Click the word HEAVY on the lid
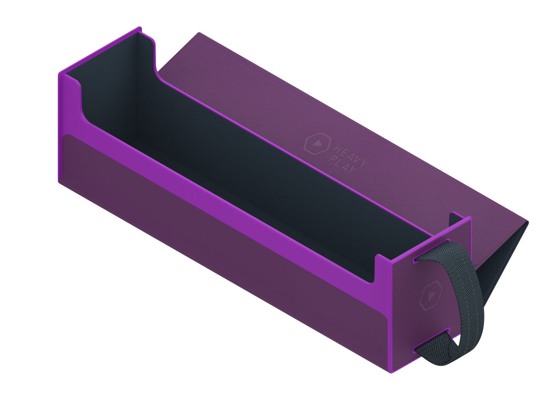click(351, 155)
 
